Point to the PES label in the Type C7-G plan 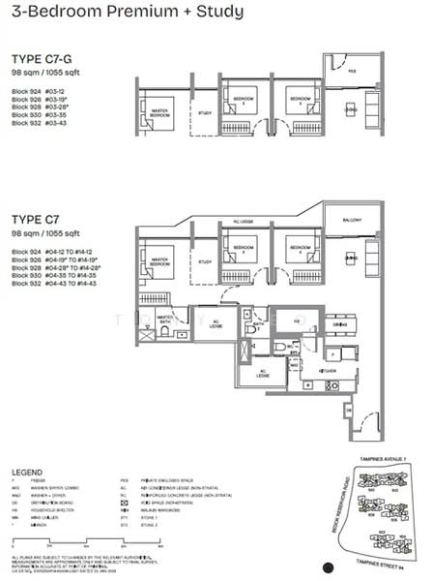352,71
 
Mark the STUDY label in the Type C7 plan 204,261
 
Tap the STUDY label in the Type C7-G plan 204,112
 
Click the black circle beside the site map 329,567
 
